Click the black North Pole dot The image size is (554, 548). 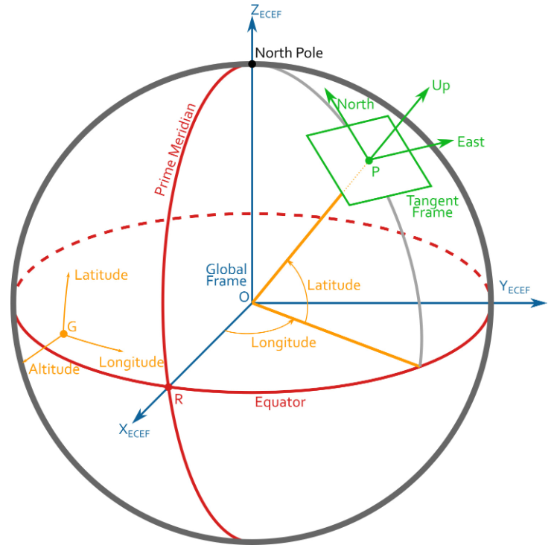click(252, 64)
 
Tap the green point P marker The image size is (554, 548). click(368, 160)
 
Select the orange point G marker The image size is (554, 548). click(64, 334)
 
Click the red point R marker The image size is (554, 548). click(168, 387)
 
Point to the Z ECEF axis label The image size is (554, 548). click(265, 12)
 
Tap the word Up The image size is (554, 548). click(441, 87)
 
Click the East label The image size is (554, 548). click(471, 141)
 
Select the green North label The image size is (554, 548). click(355, 104)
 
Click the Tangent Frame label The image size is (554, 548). click(433, 206)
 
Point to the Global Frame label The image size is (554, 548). click(226, 275)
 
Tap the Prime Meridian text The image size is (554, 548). click(175, 150)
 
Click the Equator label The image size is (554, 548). click(280, 403)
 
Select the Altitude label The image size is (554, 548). click(54, 369)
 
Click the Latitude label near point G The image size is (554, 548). click(101, 275)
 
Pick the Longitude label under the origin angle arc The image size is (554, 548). click(284, 342)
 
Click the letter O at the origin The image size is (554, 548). click(243, 297)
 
